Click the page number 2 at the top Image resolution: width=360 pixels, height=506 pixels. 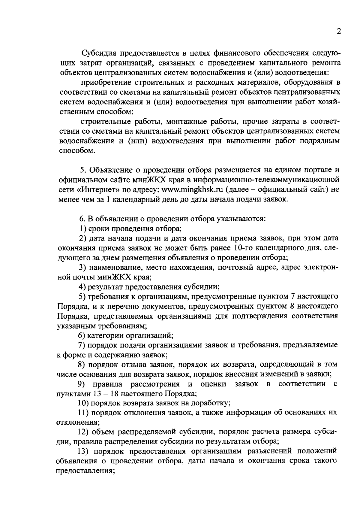339,32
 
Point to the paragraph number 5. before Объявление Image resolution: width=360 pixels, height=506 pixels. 83,170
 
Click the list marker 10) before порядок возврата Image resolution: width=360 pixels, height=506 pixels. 82,403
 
